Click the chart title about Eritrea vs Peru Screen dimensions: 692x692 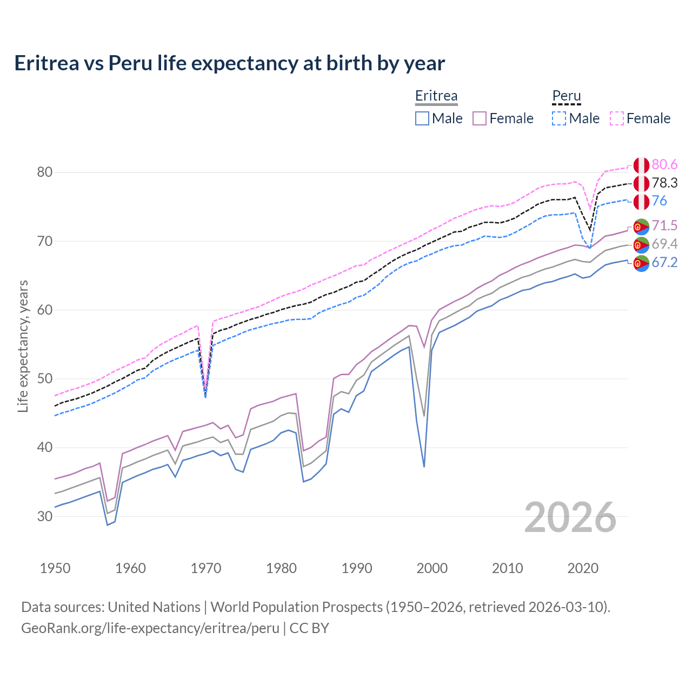[229, 63]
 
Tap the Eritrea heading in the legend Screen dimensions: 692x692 [436, 96]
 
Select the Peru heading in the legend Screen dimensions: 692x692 [566, 96]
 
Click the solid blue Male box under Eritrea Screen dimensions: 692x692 [422, 118]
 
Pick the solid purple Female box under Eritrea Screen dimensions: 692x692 [480, 118]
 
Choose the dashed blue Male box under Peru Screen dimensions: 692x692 [559, 118]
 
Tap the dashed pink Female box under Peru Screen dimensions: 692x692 [617, 118]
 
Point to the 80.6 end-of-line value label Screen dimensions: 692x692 [664, 164]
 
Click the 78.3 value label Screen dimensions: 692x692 [664, 183]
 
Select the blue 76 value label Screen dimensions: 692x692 [660, 201]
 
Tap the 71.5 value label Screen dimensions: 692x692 [664, 225]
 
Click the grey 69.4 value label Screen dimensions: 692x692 [664, 244]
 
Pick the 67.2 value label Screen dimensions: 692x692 [664, 262]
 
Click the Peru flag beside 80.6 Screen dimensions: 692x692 [641, 165]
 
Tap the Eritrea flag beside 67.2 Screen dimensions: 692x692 [641, 263]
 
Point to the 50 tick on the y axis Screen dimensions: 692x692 [45, 378]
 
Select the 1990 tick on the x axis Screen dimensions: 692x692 [357, 568]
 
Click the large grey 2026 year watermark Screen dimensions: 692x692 [570, 517]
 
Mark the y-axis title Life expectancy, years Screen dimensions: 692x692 [23, 346]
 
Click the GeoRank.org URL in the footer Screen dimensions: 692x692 [150, 628]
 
